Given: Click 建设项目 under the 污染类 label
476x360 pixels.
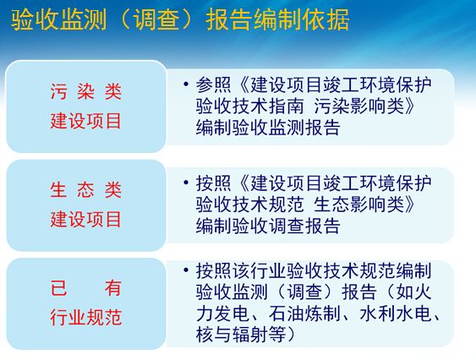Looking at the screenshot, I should pyautogui.click(x=85, y=121).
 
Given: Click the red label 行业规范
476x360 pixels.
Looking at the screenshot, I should pyautogui.click(x=85, y=318).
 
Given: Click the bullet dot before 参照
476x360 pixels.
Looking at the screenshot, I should pyautogui.click(x=186, y=85).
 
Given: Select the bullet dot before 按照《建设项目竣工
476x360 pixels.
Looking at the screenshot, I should pyautogui.click(x=186, y=183).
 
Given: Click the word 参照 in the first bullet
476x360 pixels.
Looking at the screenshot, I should pyautogui.click(x=211, y=85).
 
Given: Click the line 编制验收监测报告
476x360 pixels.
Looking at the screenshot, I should pyautogui.click(x=268, y=128).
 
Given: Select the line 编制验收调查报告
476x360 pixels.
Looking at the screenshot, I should pyautogui.click(x=268, y=226).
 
